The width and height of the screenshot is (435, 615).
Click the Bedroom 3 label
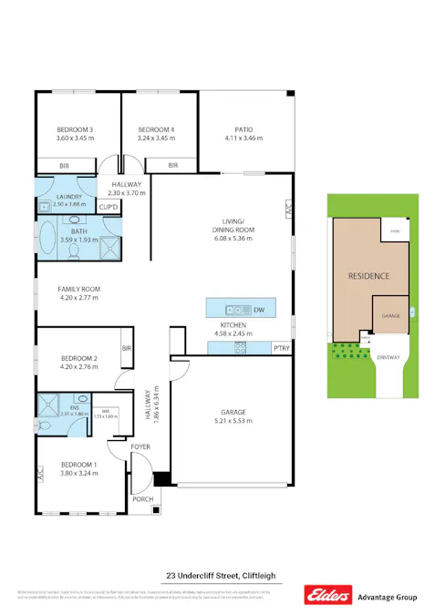[76, 129]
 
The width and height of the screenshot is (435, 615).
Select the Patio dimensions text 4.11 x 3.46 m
[243, 138]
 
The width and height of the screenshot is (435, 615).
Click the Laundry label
[68, 197]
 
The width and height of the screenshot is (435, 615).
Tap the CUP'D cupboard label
[109, 208]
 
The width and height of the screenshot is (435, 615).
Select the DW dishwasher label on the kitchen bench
[259, 309]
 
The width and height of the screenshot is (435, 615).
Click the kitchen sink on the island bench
[233, 309]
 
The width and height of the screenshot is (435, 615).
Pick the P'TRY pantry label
[281, 348]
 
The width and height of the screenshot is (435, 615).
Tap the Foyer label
[140, 446]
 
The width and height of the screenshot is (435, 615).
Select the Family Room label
[78, 288]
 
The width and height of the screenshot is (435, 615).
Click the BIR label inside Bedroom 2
[126, 349]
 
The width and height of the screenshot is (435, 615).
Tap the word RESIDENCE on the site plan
[369, 275]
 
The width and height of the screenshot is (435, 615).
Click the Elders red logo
[326, 597]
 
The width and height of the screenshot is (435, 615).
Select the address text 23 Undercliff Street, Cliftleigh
[219, 575]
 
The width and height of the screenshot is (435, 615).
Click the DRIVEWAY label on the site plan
[389, 356]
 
